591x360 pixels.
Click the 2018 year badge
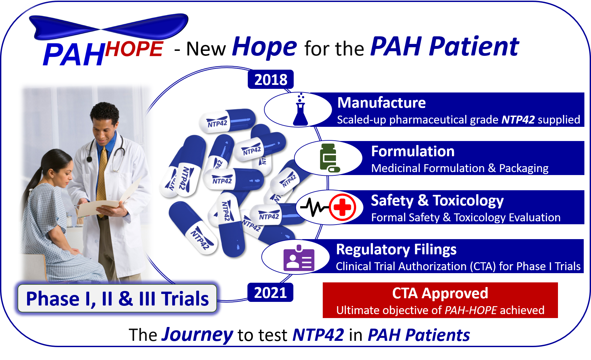pos(271,79)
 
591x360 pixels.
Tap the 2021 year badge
pos(270,292)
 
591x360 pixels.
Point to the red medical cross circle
pos(342,207)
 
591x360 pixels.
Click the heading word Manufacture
pos(382,103)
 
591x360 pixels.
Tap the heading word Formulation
pos(413,151)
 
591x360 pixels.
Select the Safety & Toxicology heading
pos(437,200)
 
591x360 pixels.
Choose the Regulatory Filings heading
pos(396,250)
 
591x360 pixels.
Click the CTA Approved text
pos(440,293)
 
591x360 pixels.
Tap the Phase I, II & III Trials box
pos(117,299)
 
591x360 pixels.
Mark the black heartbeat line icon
pos(314,207)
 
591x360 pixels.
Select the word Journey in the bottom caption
pos(197,335)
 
